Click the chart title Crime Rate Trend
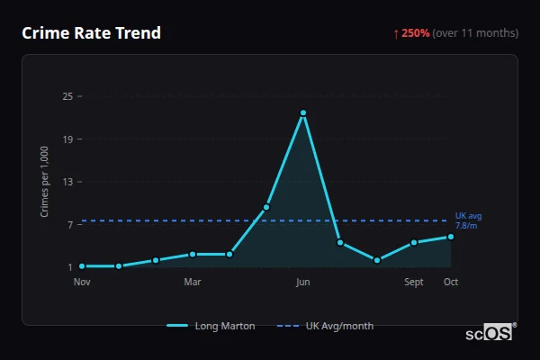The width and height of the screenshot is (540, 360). (x=91, y=33)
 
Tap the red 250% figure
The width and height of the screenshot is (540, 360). (x=415, y=33)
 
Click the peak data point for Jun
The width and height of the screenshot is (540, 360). (x=303, y=112)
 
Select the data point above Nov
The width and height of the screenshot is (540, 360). (x=82, y=266)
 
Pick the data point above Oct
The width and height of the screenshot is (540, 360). (x=451, y=237)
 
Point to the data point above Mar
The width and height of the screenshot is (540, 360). (x=193, y=255)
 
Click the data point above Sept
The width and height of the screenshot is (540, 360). (x=414, y=243)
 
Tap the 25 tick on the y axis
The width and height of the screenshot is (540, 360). (x=67, y=96)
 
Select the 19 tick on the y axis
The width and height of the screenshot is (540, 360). (x=67, y=139)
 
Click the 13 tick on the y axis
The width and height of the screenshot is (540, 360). (x=67, y=182)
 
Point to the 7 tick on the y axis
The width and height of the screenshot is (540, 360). (x=70, y=224)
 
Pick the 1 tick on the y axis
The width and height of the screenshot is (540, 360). (x=70, y=267)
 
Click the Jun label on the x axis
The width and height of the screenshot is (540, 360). (x=303, y=283)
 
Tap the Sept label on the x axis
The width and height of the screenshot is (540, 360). (x=414, y=283)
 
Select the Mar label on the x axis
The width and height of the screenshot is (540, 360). (x=193, y=283)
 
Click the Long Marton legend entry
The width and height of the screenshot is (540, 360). (x=211, y=326)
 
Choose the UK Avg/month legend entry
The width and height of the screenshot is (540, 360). (x=326, y=326)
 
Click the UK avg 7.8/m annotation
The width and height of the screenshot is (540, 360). (x=468, y=220)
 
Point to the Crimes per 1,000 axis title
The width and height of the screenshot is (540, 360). (x=45, y=182)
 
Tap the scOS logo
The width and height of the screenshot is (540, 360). (x=490, y=333)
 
